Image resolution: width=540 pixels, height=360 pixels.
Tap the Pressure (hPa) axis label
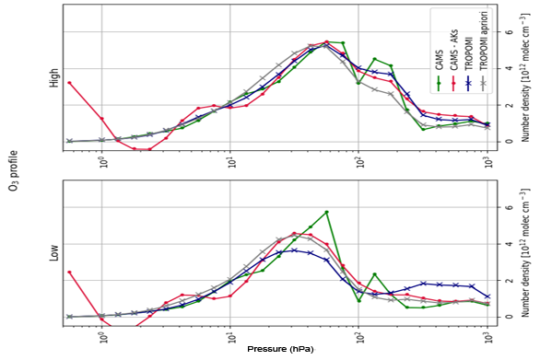click(278, 351)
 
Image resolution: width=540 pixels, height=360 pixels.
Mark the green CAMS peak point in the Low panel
click(326, 213)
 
